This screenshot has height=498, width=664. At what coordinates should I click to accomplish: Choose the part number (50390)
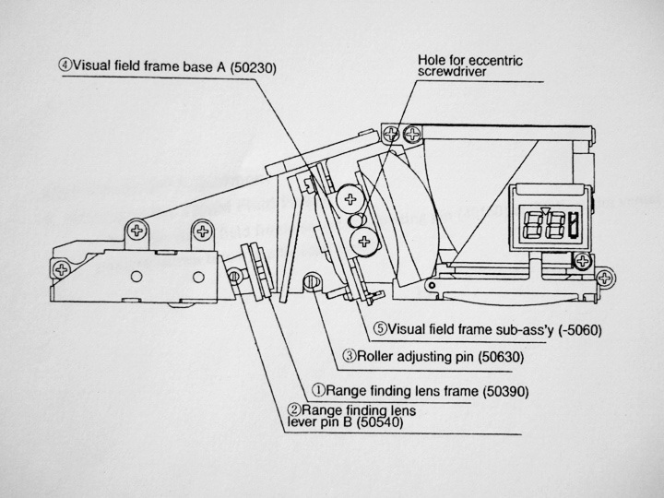point(481,391)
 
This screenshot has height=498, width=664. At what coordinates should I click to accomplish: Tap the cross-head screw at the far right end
point(605,275)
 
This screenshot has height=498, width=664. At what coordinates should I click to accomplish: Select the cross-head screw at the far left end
point(61,269)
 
